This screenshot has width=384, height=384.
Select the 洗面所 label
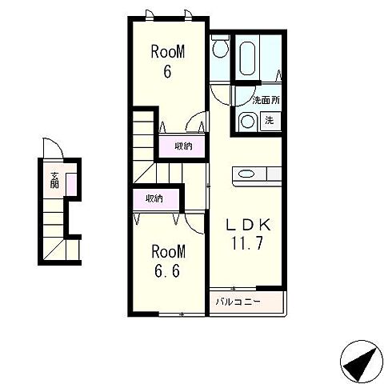[x=266, y=100]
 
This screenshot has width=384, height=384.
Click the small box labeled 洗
[x=270, y=121]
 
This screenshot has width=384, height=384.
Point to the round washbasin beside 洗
[x=248, y=122]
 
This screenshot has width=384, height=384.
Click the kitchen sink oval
[x=246, y=174]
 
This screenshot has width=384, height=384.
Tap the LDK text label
[x=248, y=225]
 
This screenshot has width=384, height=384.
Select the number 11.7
[x=247, y=243]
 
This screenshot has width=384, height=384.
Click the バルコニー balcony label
[x=238, y=302]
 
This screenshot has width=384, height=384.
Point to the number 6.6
[x=167, y=271]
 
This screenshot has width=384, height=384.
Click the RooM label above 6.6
[x=168, y=251]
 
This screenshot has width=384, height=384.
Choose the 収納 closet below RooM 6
[x=183, y=146]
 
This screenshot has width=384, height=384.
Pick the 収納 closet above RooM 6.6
[x=154, y=198]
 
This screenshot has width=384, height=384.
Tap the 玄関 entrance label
[x=54, y=180]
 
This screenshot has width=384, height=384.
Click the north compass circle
[x=362, y=361]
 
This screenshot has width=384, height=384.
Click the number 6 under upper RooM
[x=167, y=71]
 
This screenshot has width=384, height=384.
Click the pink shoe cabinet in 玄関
[x=71, y=184]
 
